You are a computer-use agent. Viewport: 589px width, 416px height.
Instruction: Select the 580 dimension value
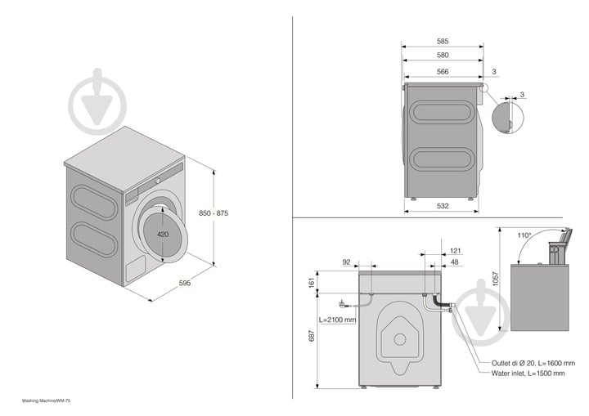click(x=442, y=55)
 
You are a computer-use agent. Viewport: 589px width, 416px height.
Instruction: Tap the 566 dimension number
click(x=442, y=72)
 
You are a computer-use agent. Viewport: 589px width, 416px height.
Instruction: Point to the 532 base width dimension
click(x=442, y=207)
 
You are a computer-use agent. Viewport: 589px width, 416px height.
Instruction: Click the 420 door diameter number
click(x=163, y=235)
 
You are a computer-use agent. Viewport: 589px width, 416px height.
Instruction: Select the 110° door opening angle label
click(x=524, y=235)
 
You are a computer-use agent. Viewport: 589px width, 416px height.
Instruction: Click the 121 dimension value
click(x=456, y=251)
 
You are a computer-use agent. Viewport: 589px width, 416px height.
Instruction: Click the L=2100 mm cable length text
click(x=337, y=320)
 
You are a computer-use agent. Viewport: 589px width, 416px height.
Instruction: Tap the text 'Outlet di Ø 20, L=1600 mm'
click(x=533, y=363)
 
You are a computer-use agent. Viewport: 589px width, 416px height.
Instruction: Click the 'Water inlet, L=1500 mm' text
click(x=528, y=373)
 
